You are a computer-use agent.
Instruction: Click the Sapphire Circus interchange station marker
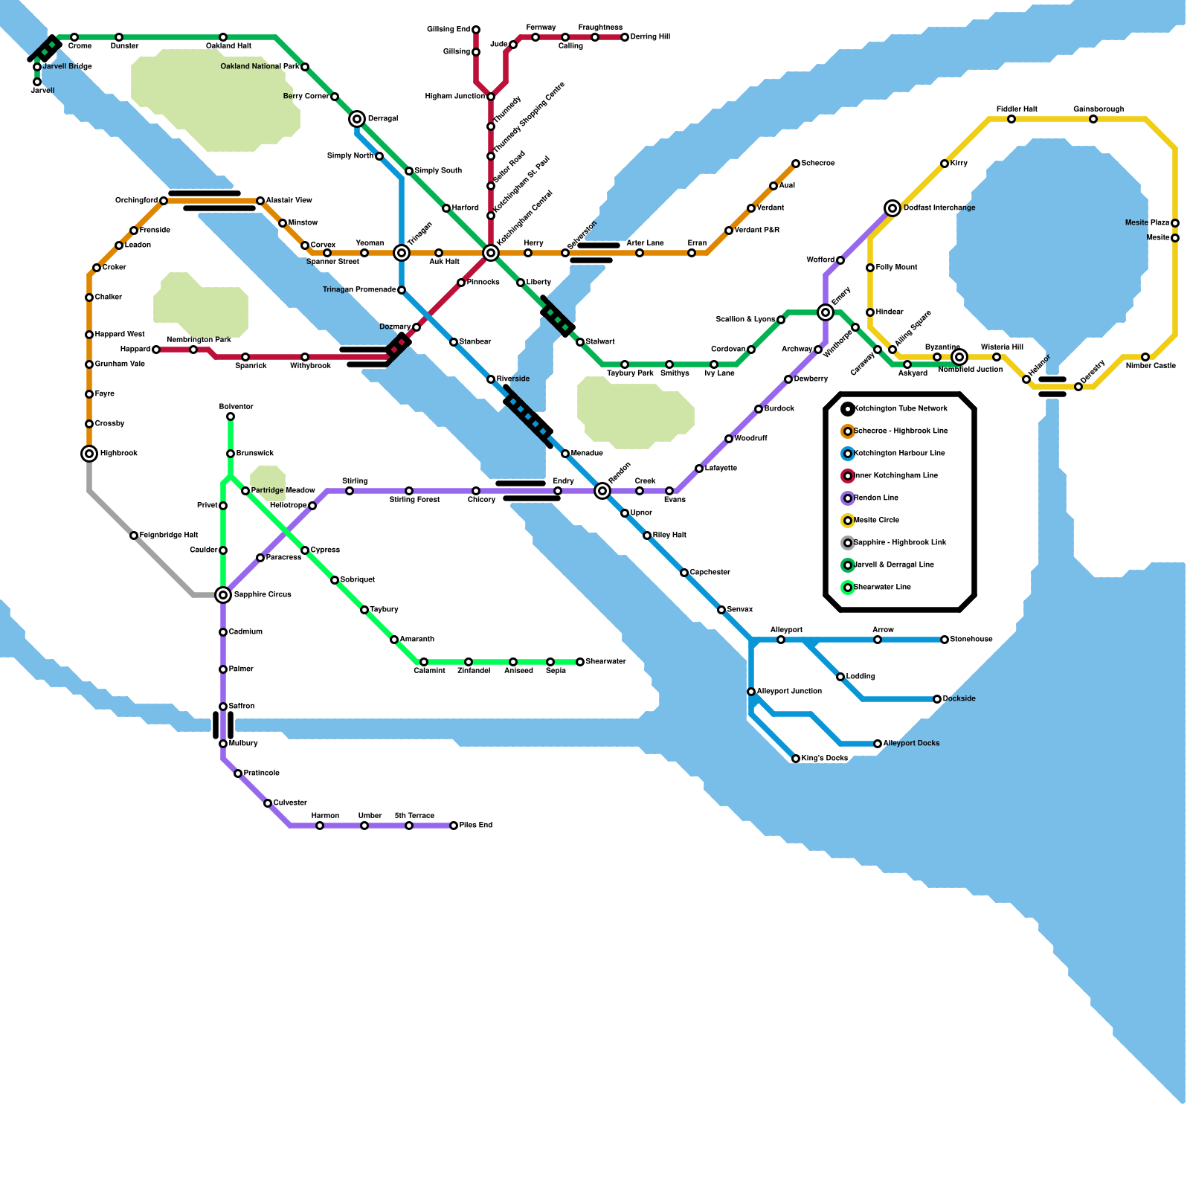point(223,595)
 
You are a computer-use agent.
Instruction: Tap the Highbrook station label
point(119,454)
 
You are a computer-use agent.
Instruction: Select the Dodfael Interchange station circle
point(892,208)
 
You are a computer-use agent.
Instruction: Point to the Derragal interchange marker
point(357,119)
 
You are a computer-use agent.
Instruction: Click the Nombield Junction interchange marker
point(959,357)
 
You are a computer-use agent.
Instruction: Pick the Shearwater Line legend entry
point(881,588)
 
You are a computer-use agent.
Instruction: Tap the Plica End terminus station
point(454,826)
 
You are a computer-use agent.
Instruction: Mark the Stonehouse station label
point(971,640)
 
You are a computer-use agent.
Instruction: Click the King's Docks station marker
point(796,759)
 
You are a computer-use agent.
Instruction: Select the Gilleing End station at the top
point(476,30)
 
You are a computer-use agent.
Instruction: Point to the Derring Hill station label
point(650,37)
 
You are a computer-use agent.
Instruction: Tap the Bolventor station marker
point(231,416)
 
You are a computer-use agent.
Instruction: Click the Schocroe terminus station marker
point(796,164)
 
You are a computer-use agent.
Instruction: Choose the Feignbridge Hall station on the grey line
point(134,535)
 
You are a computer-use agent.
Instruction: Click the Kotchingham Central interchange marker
point(491,253)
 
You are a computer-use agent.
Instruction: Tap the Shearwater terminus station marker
point(580,662)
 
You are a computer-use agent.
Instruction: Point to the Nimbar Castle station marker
point(1145,357)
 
